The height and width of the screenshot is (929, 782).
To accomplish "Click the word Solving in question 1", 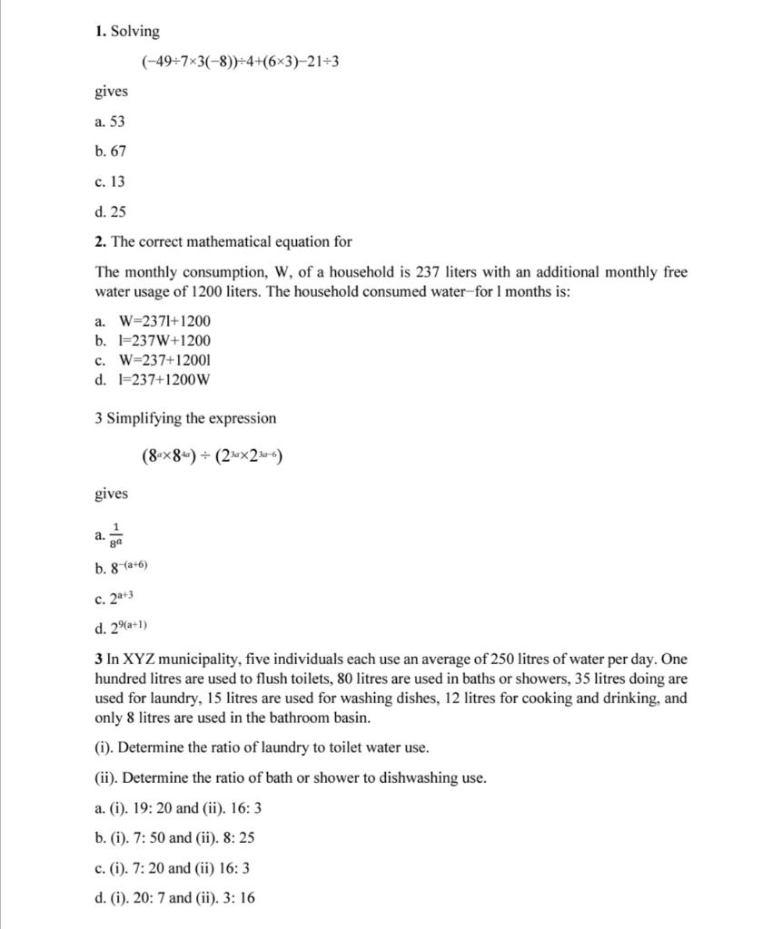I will click(x=134, y=32).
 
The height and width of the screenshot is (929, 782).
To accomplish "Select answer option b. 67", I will click(x=110, y=152).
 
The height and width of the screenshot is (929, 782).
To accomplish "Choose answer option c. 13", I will click(x=110, y=181).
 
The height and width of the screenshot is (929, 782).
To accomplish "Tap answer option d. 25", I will click(x=110, y=211).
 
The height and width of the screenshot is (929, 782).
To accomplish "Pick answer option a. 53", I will click(x=110, y=122).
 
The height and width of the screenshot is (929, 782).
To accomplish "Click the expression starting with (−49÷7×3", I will click(x=240, y=62).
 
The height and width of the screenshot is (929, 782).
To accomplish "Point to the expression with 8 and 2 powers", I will click(x=212, y=456).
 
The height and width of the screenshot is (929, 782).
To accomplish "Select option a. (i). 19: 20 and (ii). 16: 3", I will click(x=178, y=808).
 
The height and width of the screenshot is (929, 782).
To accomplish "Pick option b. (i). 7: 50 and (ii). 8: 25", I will click(x=178, y=838).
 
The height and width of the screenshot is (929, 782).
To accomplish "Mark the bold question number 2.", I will click(x=99, y=242).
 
